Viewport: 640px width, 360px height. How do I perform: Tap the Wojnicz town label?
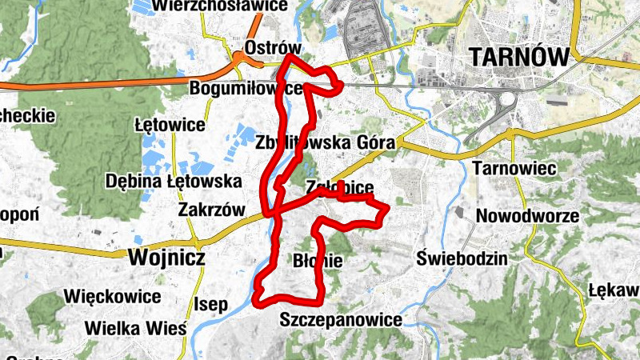click(166, 258)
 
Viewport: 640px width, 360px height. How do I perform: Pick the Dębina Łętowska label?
click(168, 181)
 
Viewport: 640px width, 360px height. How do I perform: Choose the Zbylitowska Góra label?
click(326, 142)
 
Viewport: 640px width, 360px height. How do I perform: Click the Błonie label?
click(318, 261)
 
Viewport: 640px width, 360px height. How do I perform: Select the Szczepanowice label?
click(341, 319)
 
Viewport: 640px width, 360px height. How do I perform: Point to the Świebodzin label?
click(462, 258)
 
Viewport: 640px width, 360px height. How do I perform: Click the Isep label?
click(211, 304)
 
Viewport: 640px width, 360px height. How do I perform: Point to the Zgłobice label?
click(340, 187)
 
